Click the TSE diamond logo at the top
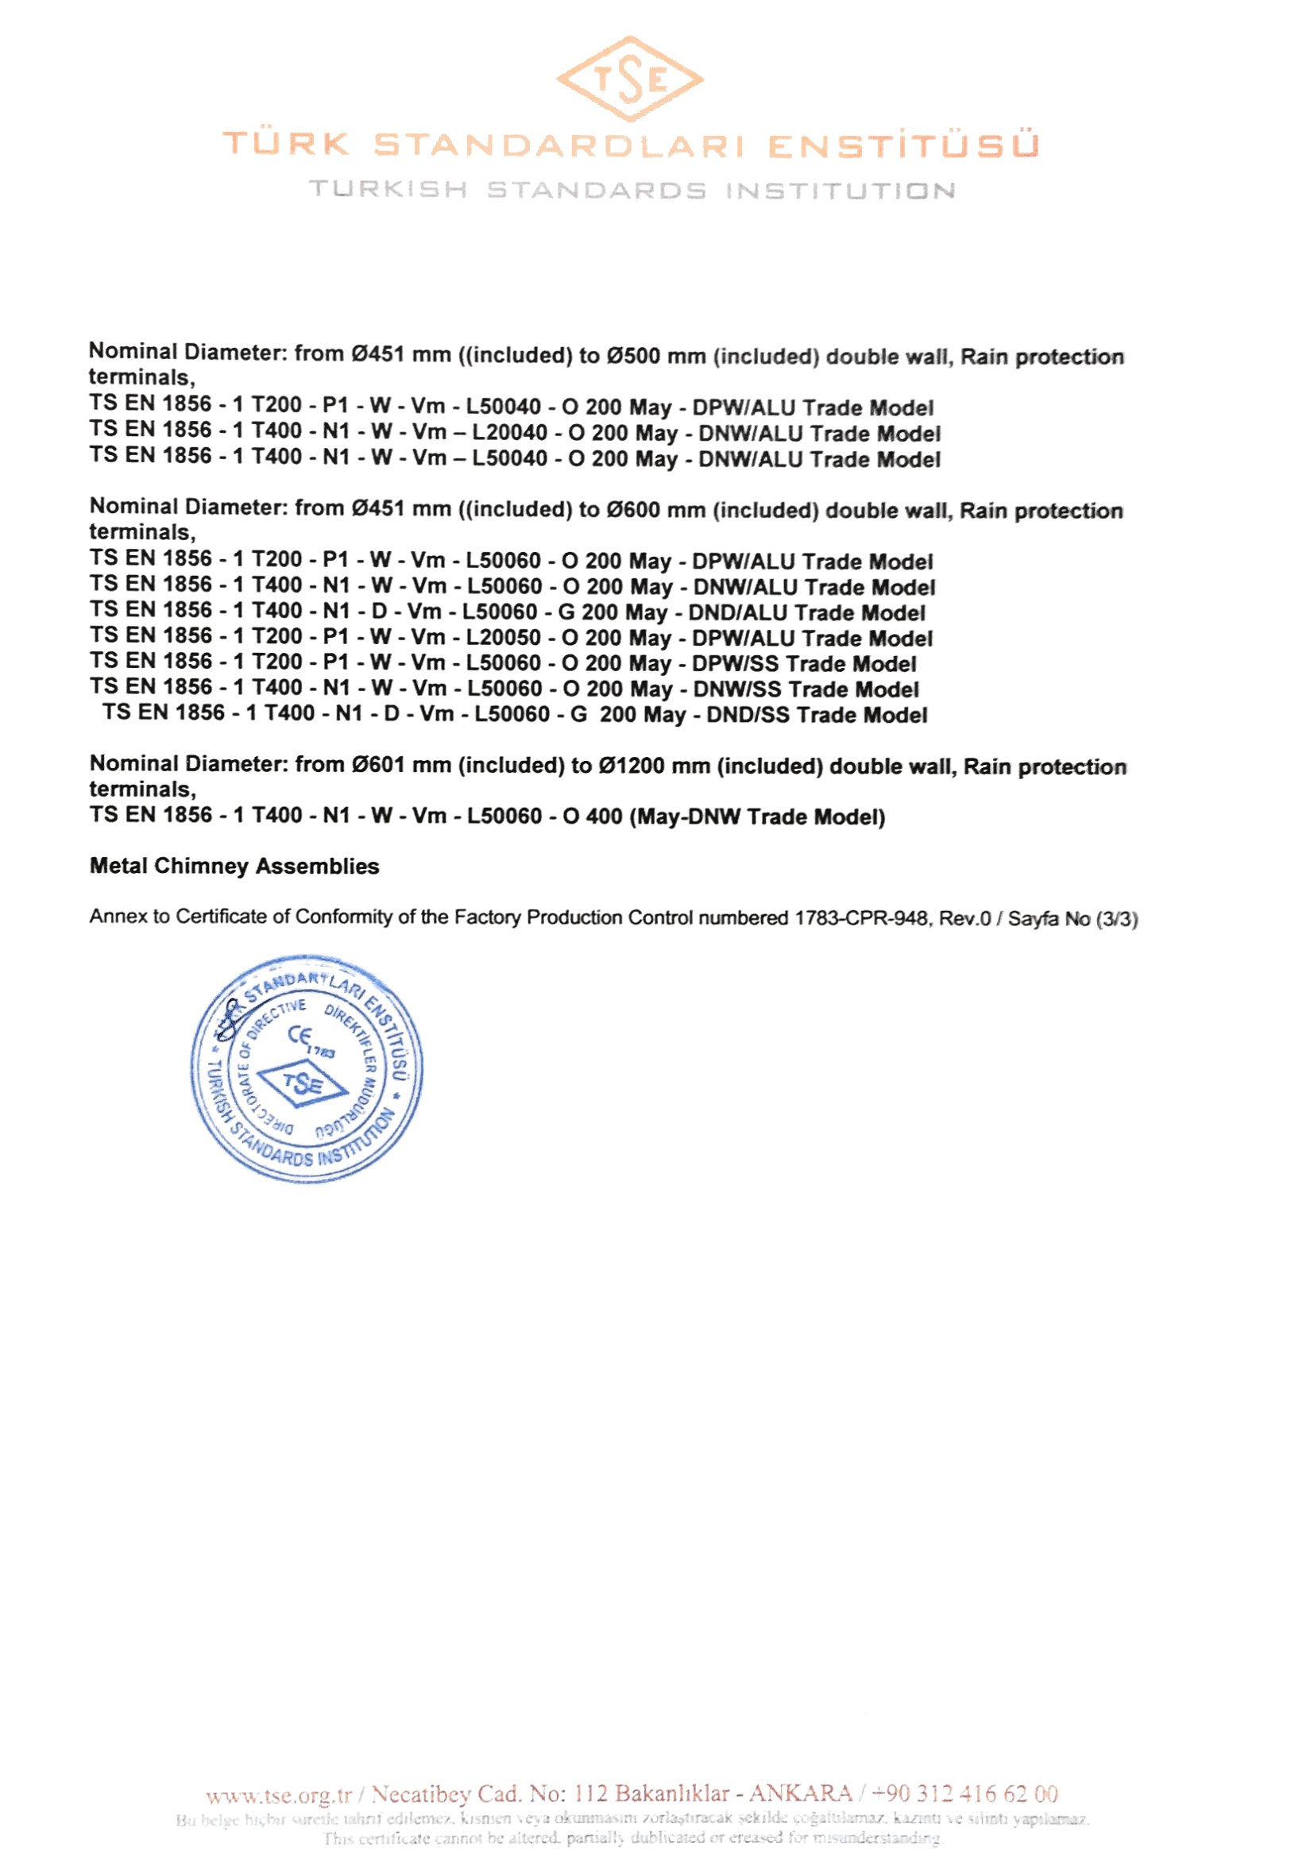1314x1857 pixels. pos(629,79)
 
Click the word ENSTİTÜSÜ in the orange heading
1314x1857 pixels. pos(902,146)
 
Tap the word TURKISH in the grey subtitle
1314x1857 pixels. pos(388,191)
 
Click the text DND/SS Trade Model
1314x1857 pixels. pos(817,715)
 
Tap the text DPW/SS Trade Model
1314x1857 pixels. pos(804,664)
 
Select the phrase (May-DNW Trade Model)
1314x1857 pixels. pos(757,817)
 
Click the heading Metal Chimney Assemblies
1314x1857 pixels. pos(234,867)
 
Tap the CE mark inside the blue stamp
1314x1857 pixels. pos(302,1037)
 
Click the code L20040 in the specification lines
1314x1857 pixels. pos(510,434)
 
